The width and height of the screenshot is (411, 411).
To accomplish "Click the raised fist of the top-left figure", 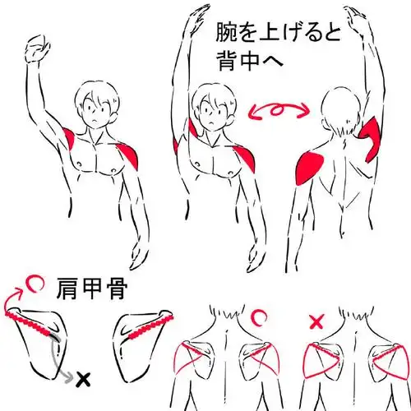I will tap(35, 52).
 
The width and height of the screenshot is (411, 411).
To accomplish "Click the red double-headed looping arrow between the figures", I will tap(278, 109).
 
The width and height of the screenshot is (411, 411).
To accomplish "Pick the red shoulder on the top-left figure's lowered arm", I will tap(130, 153).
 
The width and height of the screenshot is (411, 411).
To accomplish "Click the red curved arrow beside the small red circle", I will tap(12, 302).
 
